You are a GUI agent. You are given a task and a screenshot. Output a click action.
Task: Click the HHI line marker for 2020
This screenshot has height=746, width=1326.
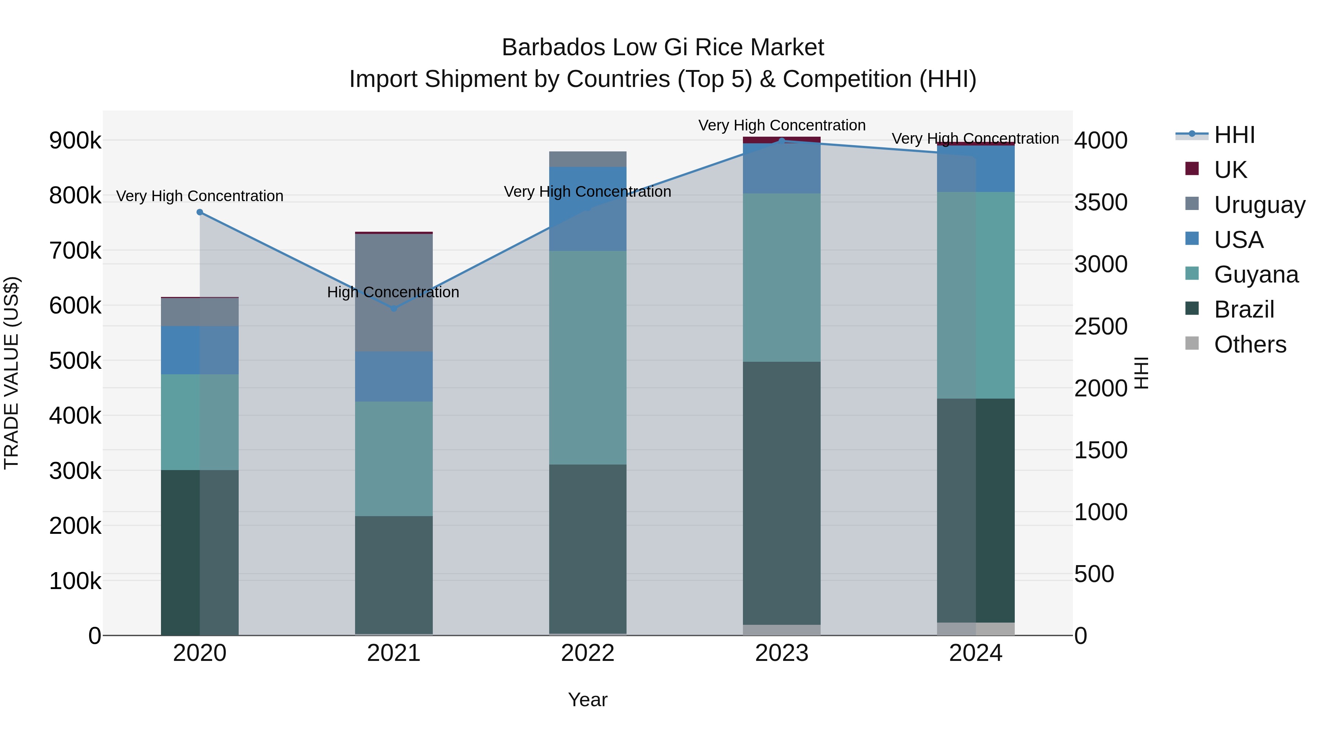(x=200, y=212)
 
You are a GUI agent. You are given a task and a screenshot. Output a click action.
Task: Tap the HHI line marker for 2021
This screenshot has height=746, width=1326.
(x=394, y=308)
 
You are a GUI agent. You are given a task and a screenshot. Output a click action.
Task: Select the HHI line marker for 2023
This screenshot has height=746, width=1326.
(x=782, y=141)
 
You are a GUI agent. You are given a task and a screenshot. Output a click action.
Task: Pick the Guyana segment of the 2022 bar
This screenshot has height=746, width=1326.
(x=588, y=358)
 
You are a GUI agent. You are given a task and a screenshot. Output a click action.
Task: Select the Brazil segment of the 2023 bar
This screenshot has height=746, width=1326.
(x=782, y=493)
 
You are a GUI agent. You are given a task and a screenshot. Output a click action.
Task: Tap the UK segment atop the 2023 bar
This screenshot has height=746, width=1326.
(x=782, y=140)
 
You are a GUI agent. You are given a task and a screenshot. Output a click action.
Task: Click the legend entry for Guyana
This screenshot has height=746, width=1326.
(x=1256, y=274)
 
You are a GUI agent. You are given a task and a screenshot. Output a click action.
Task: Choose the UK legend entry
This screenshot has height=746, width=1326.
(x=1230, y=170)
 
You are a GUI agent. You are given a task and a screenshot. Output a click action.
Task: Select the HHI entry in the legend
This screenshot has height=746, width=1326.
(x=1234, y=135)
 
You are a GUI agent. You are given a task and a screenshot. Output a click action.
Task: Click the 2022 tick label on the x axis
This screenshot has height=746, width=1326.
(x=588, y=653)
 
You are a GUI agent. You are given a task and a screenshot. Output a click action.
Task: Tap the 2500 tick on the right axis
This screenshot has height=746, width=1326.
(x=1101, y=326)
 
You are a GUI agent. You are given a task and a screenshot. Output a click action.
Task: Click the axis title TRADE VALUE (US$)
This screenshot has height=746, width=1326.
(x=11, y=373)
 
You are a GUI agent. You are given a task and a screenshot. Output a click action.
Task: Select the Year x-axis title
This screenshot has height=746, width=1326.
(x=588, y=700)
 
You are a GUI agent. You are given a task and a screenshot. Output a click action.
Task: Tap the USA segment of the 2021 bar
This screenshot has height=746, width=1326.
(x=394, y=376)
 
